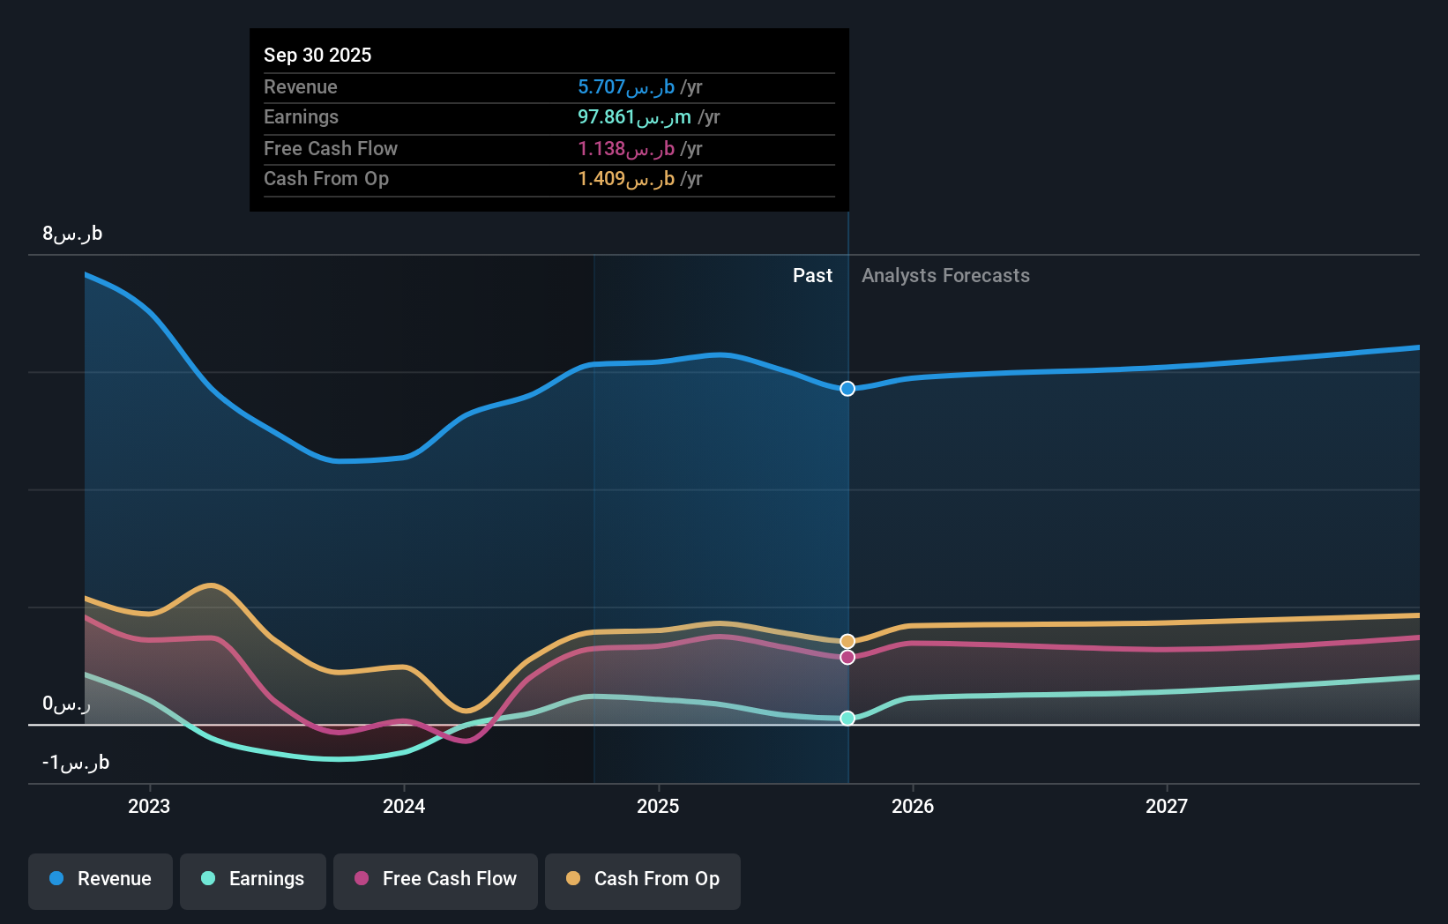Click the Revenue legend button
(x=101, y=879)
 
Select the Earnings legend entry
(x=253, y=879)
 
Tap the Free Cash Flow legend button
(x=436, y=879)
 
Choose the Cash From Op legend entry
(x=643, y=879)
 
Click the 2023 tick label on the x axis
(x=149, y=806)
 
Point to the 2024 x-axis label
(x=404, y=806)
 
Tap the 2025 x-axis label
(x=658, y=806)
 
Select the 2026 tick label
(x=913, y=806)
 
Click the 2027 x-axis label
(x=1167, y=806)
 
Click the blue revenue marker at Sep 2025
(x=847, y=389)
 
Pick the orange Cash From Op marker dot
(x=847, y=641)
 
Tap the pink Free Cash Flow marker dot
(x=847, y=657)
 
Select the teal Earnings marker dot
(x=847, y=719)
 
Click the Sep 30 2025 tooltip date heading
(x=317, y=55)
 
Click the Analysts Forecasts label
(x=945, y=276)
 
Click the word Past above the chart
(x=812, y=276)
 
